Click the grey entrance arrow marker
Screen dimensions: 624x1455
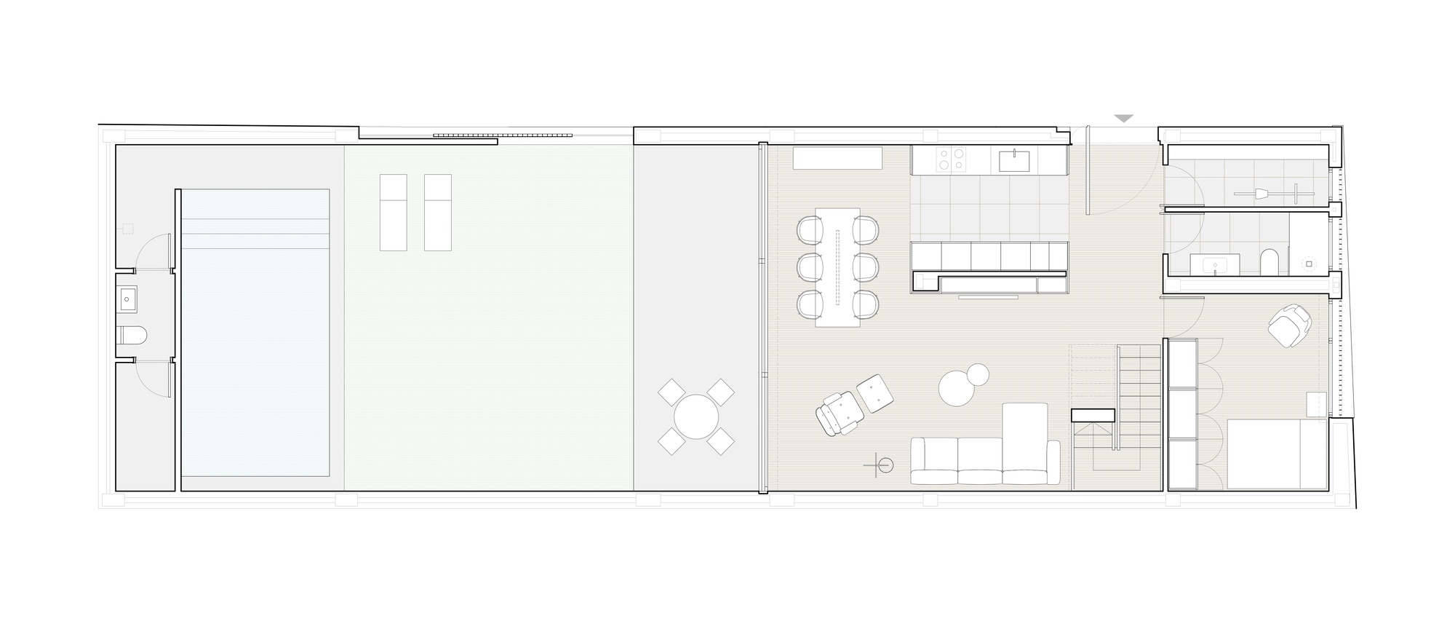tap(1124, 118)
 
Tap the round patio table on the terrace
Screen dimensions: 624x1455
tap(696, 417)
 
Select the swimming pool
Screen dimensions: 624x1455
tap(255, 332)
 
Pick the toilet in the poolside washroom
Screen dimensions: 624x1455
tap(132, 335)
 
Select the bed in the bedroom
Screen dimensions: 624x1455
tap(1277, 454)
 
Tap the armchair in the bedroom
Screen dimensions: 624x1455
tap(1289, 324)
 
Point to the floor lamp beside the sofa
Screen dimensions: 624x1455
tap(884, 465)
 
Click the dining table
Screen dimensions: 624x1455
tap(838, 267)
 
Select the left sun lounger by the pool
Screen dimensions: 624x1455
tap(394, 212)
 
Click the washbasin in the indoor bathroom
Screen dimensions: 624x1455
tap(1216, 265)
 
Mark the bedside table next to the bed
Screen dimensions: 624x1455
tap(1316, 405)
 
